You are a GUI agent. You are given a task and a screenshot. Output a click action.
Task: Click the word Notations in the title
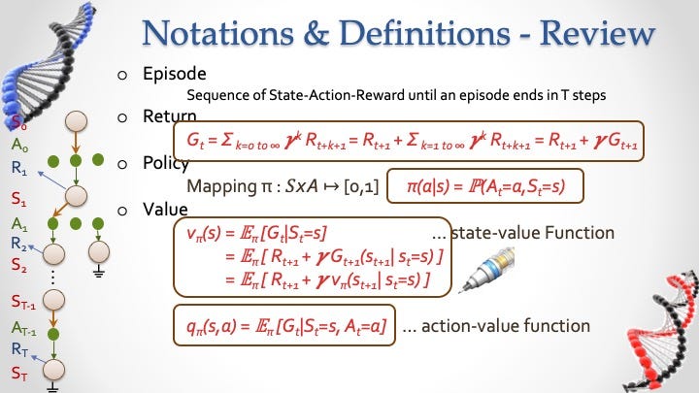(x=217, y=33)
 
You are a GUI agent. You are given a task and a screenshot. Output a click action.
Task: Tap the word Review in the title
(x=597, y=33)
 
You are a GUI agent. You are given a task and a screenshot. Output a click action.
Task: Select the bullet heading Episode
(x=175, y=74)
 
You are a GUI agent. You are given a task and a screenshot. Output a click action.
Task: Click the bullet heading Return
(x=169, y=115)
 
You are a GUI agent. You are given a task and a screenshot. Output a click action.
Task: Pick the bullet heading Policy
(x=166, y=164)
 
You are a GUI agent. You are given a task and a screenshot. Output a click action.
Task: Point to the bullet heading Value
(x=165, y=210)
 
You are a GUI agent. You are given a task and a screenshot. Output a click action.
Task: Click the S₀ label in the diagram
(x=18, y=122)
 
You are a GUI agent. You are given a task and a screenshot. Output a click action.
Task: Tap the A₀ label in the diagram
(x=19, y=145)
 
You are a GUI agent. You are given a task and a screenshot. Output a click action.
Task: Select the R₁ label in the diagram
(x=18, y=168)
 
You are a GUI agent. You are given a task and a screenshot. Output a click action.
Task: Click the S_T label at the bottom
(x=19, y=373)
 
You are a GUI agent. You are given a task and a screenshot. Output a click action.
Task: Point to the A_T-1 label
(x=24, y=329)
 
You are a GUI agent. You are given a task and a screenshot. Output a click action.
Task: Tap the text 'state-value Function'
(x=533, y=233)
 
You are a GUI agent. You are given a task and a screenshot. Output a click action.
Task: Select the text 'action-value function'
(x=506, y=326)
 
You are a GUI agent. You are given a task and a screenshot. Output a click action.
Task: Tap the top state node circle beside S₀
(x=77, y=121)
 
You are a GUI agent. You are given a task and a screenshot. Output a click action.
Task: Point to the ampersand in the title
(x=316, y=34)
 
